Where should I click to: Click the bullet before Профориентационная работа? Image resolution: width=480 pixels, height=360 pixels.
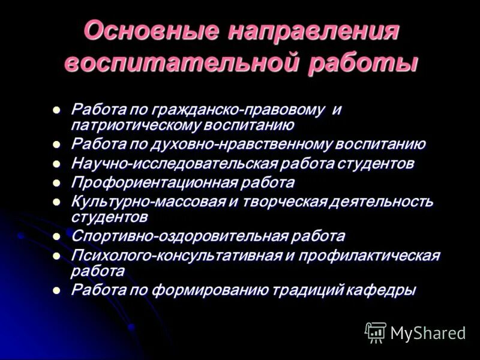56,181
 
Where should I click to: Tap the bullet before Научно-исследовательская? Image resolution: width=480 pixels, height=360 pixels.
56,163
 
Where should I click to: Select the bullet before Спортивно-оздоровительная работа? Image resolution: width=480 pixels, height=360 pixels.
56,236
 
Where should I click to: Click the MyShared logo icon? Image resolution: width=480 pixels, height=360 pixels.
376,332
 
